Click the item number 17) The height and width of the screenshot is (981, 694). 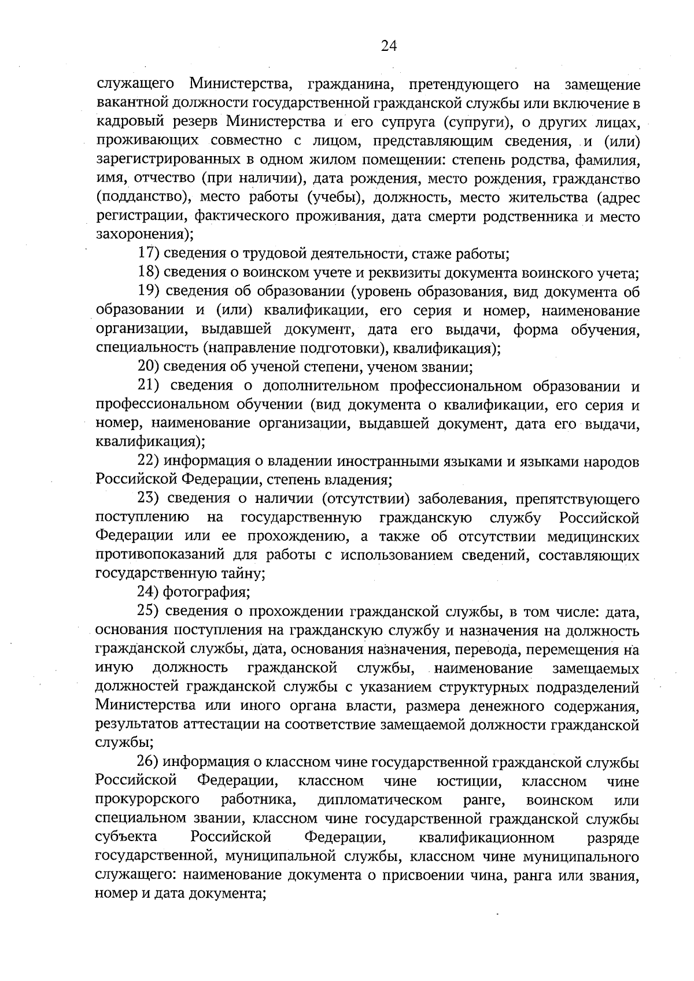click(x=149, y=253)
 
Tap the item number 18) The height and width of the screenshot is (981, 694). click(x=149, y=272)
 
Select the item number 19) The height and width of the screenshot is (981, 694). click(x=149, y=291)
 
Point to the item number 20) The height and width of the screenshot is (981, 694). click(x=149, y=367)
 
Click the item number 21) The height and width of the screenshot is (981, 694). click(x=149, y=386)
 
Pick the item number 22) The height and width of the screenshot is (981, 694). click(x=149, y=461)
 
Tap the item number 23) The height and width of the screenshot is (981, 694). click(x=149, y=498)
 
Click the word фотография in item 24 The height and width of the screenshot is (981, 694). click(x=206, y=593)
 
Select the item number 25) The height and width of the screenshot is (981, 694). click(x=149, y=612)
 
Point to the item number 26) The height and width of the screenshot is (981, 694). click(x=149, y=762)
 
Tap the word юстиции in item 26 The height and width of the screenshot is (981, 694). click(x=469, y=782)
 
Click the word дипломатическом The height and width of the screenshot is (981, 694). click(x=380, y=801)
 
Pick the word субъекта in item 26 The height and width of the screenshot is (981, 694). click(x=127, y=838)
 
